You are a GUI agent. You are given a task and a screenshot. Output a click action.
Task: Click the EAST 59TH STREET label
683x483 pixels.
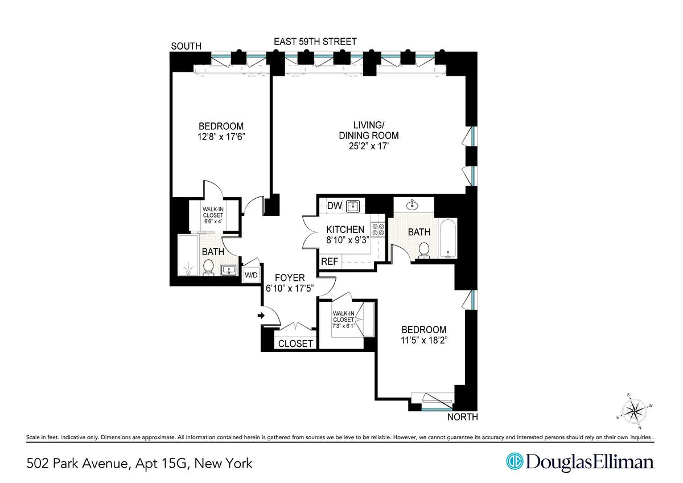click(x=315, y=42)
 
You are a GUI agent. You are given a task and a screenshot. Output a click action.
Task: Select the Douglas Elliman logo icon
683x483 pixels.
click(x=516, y=462)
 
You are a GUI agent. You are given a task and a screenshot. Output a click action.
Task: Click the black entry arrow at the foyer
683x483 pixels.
click(x=261, y=315)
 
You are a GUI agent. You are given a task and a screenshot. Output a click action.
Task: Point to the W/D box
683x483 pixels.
click(x=251, y=276)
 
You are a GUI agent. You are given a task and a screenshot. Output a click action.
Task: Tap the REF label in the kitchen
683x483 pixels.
click(x=330, y=261)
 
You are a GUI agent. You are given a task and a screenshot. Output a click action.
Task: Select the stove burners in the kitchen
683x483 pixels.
click(x=378, y=229)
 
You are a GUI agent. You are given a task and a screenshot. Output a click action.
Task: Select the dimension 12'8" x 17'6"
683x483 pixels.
click(x=221, y=137)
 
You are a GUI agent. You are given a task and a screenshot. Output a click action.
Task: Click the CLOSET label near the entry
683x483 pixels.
click(x=295, y=343)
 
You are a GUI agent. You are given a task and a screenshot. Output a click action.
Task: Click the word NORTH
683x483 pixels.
click(x=462, y=417)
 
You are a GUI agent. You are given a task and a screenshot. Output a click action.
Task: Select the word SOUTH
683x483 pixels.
click(x=186, y=46)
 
